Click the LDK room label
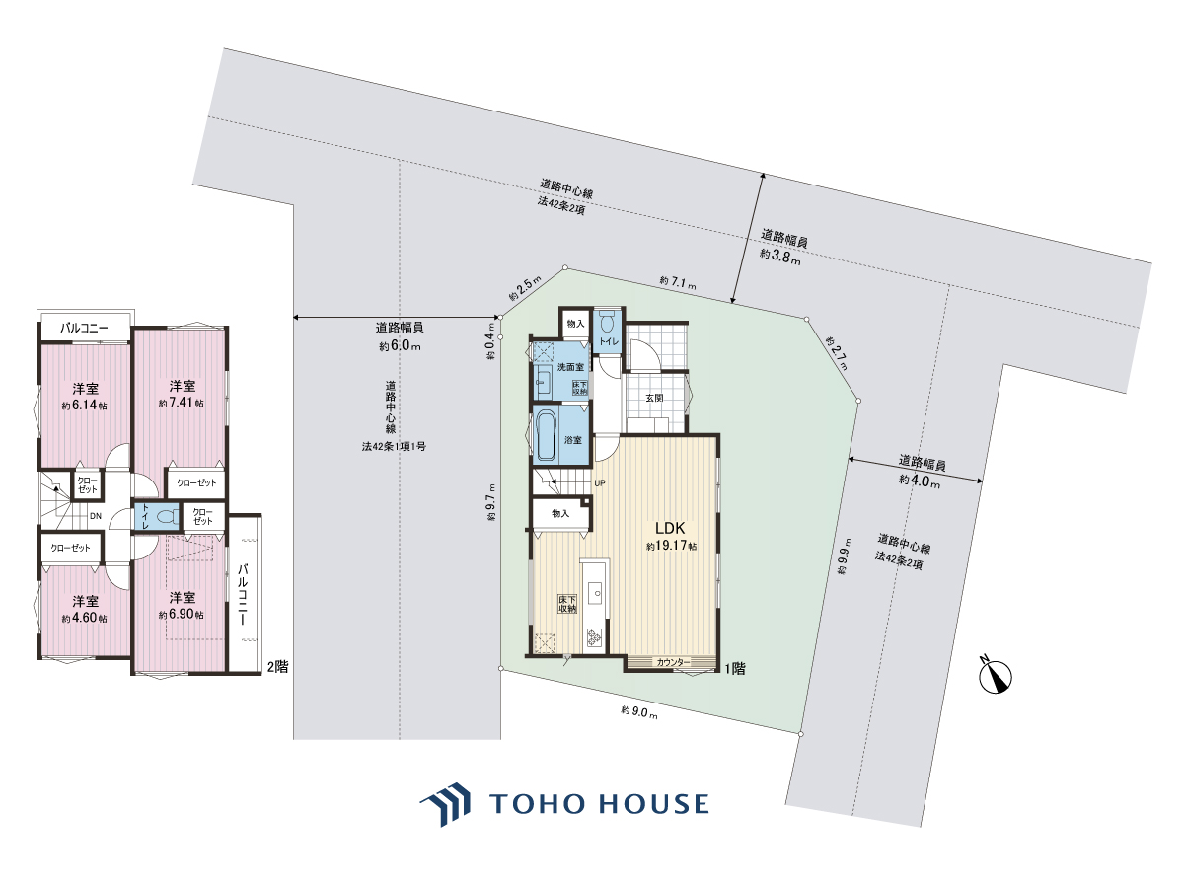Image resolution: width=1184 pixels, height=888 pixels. [x=670, y=527]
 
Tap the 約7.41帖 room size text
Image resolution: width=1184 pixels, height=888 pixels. [x=182, y=403]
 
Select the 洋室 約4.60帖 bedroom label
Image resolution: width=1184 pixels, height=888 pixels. [x=85, y=609]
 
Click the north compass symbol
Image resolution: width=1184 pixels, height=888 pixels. [x=996, y=677]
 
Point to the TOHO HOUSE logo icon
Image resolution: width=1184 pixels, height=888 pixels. [x=446, y=804]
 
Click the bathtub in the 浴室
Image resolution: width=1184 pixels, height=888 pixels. [x=546, y=437]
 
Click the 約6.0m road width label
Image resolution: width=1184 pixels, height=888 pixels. [x=400, y=345]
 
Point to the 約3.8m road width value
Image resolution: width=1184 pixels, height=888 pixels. [x=780, y=257]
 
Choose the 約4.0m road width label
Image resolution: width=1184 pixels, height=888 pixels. [x=920, y=481]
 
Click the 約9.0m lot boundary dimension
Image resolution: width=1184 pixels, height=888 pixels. [x=639, y=712]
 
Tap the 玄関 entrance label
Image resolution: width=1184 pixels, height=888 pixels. [x=654, y=398]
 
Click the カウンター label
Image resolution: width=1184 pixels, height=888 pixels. [x=673, y=662]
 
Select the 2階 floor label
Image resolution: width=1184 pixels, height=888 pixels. [x=278, y=667]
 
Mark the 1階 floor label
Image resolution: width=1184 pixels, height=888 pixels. [x=735, y=669]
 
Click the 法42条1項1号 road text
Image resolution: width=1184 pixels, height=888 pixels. [x=394, y=446]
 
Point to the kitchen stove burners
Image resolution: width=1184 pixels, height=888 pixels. [x=594, y=636]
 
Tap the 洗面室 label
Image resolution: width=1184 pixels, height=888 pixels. [x=570, y=367]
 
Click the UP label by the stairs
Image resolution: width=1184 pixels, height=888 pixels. [x=600, y=483]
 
